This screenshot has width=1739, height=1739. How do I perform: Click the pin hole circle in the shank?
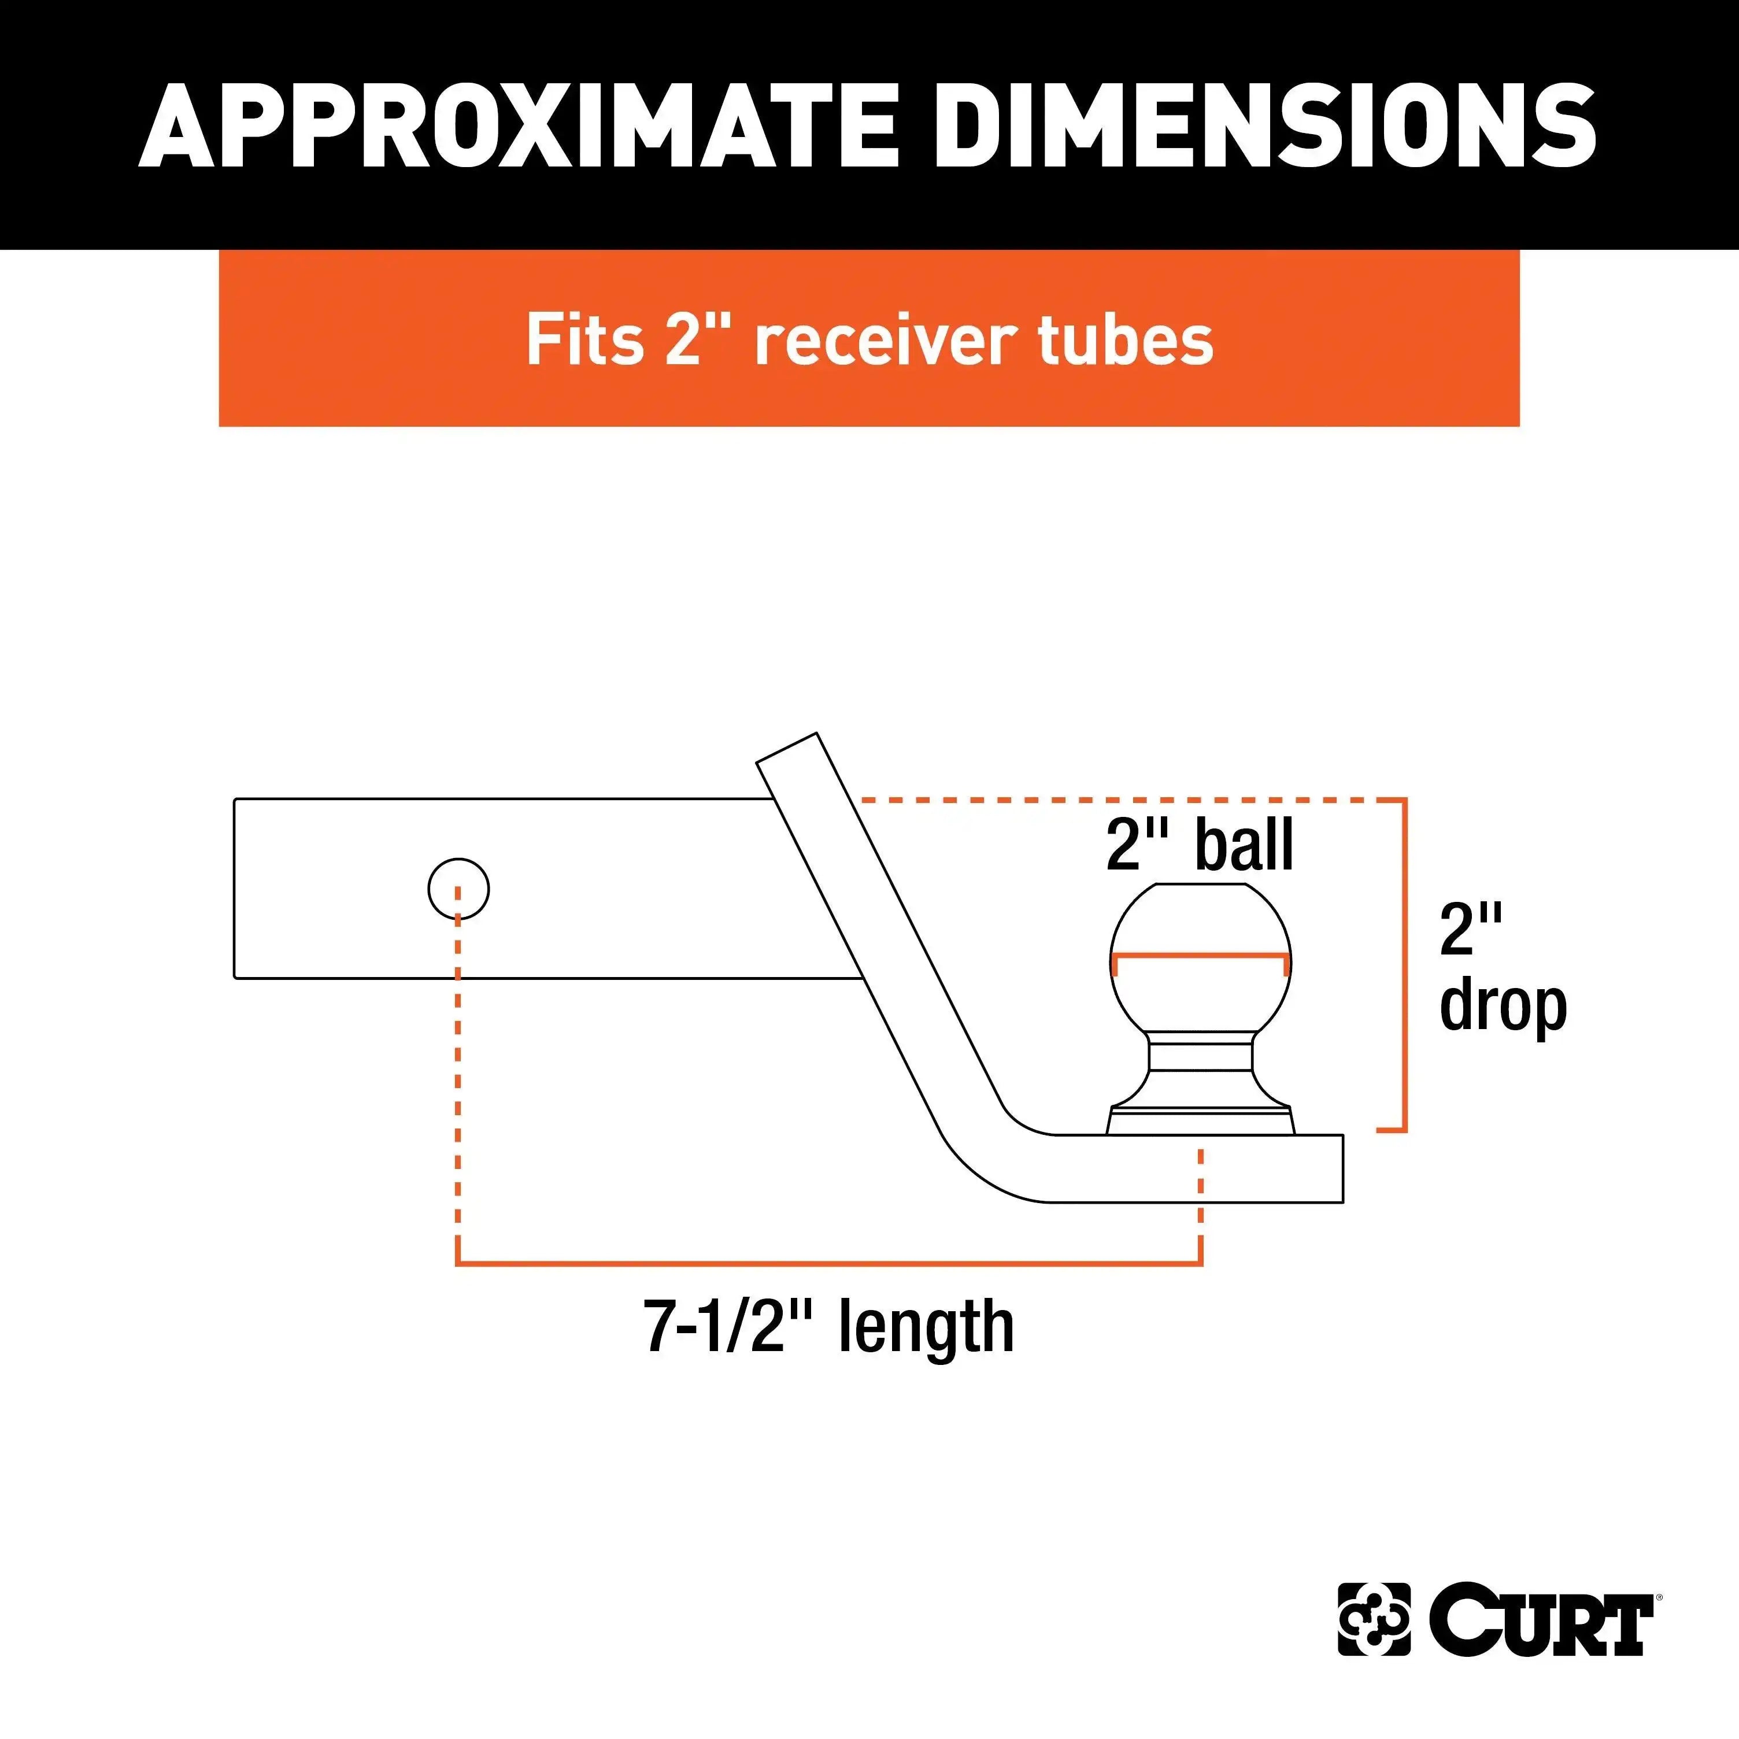coord(458,889)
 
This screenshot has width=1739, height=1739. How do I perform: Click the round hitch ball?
coord(1201,959)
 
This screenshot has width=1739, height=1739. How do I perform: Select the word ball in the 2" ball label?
coord(1245,845)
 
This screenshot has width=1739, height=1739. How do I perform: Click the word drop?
coord(1503,1007)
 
